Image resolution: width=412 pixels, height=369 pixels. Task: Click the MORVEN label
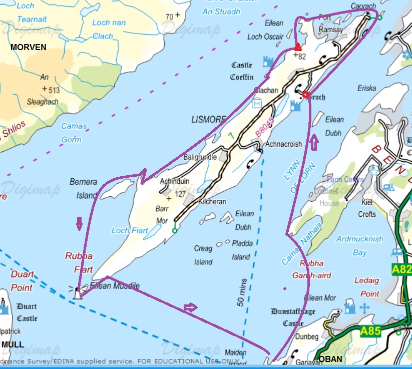click(x=28, y=47)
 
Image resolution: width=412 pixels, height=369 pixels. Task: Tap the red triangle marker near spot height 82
click(x=298, y=47)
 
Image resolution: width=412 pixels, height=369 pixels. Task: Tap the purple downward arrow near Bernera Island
click(x=79, y=223)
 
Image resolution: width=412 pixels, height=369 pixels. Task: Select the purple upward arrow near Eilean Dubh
click(x=314, y=144)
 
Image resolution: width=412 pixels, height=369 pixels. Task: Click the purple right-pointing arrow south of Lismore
click(x=191, y=307)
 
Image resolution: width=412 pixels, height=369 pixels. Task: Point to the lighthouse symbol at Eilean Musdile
click(x=77, y=293)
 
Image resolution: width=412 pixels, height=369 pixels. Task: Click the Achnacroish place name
click(x=284, y=144)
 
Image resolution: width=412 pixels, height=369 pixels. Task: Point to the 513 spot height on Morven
click(x=51, y=89)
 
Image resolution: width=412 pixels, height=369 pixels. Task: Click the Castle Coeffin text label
click(x=242, y=71)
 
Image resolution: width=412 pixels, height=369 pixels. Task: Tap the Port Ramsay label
click(x=331, y=24)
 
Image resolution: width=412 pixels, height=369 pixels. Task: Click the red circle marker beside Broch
click(x=305, y=95)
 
